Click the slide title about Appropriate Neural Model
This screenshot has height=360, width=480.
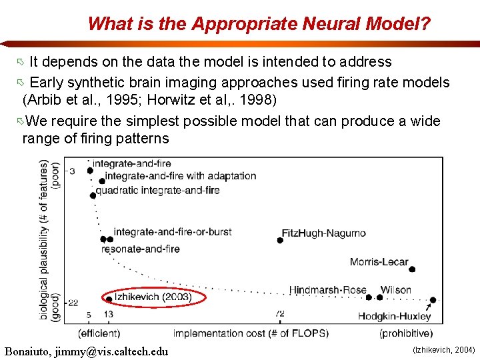pos(259,24)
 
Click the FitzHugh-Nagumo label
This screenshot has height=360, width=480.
pos(323,233)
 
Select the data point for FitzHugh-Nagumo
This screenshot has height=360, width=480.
pos(280,241)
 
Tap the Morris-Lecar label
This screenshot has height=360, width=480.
pos(379,262)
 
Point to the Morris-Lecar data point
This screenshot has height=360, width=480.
pos(412,269)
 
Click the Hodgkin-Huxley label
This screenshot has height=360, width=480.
pos(394,316)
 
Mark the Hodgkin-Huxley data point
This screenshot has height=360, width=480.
pos(433,300)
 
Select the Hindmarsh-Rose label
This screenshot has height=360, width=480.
pos(327,290)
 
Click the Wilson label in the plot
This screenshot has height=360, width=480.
pos(395,290)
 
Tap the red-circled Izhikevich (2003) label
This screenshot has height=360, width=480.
pos(153,297)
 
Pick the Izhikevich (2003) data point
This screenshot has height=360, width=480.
pos(109,299)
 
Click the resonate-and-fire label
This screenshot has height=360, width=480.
pos(140,249)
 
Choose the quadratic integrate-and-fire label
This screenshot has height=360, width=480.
pos(157,190)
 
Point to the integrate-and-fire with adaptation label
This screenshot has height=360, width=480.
pos(181,176)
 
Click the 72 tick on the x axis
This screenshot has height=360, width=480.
pos(280,314)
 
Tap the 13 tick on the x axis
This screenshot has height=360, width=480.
pos(108,314)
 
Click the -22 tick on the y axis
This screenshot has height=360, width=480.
pos(72,301)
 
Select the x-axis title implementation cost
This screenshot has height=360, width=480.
pos(251,333)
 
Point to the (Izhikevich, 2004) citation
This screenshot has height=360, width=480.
pos(444,349)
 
